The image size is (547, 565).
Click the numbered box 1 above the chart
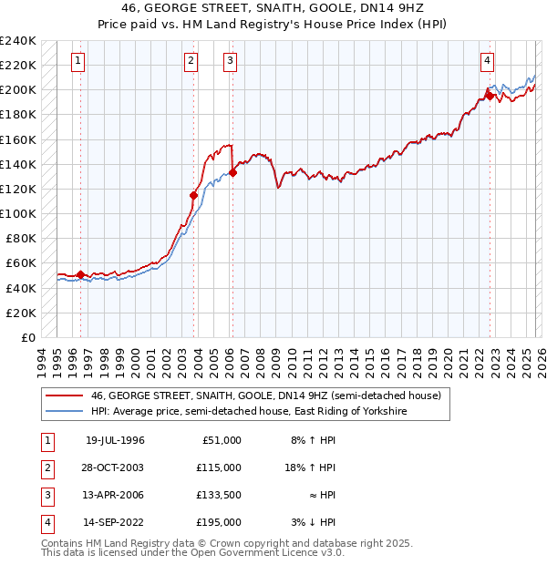pos(78,61)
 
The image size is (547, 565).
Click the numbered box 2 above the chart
pos(191,61)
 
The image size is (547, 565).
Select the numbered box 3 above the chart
pos(230,61)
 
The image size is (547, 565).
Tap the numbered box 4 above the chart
pos(488,61)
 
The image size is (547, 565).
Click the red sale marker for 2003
pos(193,195)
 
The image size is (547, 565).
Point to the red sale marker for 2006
pos(232,172)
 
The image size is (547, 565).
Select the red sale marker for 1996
pos(80,274)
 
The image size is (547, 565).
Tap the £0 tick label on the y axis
pos(27,337)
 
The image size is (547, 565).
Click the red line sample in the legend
pos(64,396)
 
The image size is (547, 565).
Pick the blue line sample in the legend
pos(64,412)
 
